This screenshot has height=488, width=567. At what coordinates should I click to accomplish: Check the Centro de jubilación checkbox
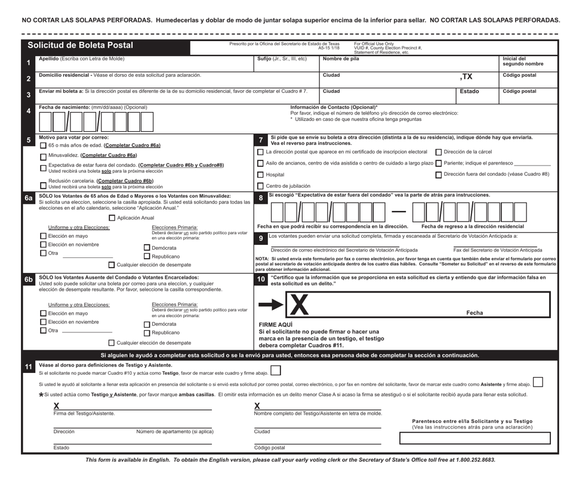(260, 187)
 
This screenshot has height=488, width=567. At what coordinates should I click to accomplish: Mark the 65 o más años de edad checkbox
(42, 145)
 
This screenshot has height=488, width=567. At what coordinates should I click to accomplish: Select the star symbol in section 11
(41, 394)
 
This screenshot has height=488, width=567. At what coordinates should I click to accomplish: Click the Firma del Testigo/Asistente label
(84, 413)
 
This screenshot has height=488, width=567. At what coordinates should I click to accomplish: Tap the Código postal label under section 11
(269, 447)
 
